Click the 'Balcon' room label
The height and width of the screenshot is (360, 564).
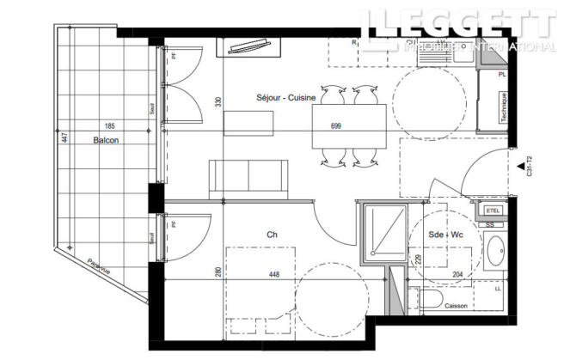click(x=107, y=140)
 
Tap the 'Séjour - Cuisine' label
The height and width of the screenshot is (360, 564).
click(x=285, y=98)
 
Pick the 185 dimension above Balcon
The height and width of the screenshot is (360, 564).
click(x=108, y=125)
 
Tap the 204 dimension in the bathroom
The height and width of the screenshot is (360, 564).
click(x=457, y=276)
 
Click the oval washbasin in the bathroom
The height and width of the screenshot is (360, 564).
click(x=495, y=253)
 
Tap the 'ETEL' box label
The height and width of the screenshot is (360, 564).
click(x=493, y=211)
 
